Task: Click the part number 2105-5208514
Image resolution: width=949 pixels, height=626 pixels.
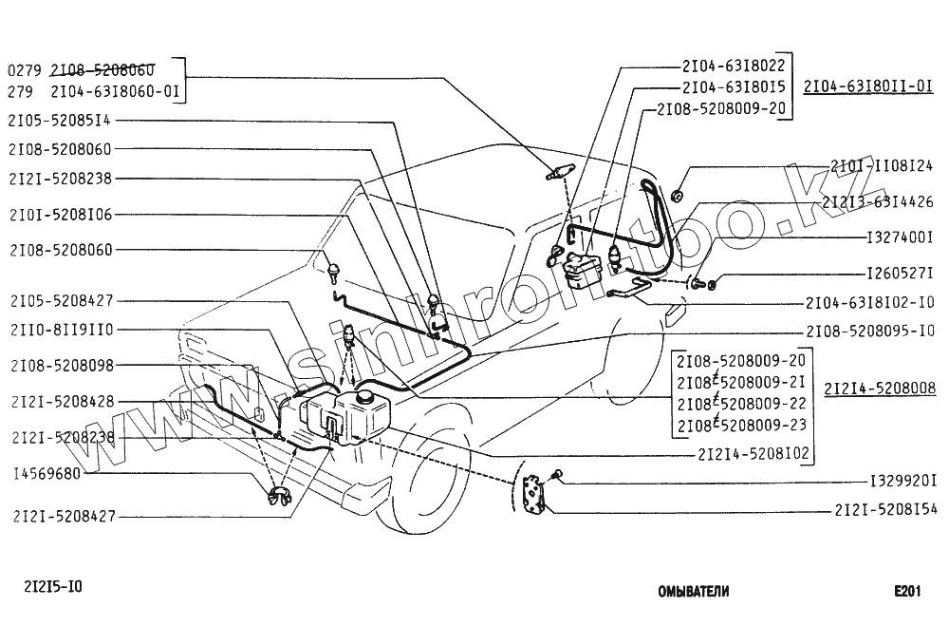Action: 60,121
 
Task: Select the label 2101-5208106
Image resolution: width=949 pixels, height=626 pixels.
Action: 60,215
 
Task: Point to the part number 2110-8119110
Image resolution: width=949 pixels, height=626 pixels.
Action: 60,330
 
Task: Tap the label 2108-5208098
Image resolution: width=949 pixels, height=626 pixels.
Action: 60,365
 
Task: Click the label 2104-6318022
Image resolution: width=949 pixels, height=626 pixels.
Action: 733,66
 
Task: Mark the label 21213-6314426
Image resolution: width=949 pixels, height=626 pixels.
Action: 878,201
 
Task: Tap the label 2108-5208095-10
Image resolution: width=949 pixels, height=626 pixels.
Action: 869,332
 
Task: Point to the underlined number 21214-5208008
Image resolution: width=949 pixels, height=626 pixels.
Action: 880,389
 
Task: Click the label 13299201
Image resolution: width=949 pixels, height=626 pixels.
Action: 902,481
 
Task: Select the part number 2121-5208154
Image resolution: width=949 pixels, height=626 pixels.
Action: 885,510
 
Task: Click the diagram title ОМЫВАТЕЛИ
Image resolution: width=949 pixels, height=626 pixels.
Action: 694,591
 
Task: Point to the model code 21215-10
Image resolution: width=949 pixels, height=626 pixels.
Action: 52,586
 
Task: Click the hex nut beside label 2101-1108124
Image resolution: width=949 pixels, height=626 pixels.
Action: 678,196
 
